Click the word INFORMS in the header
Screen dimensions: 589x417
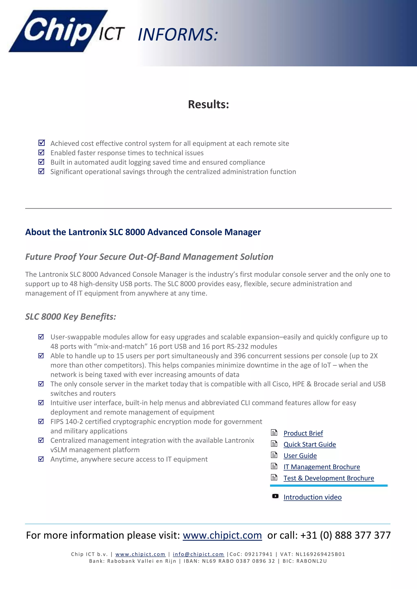point(178,35)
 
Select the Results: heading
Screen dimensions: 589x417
point(208,104)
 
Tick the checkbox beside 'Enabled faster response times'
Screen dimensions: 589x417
point(41,152)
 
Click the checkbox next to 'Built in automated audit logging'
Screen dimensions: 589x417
point(41,162)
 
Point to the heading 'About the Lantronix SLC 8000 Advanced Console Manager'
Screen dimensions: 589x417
point(143,232)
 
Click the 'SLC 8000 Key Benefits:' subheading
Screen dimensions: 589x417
point(71,316)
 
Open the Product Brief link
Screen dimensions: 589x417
point(303,433)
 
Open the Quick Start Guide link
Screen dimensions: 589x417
point(309,445)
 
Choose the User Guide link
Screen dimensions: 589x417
point(300,456)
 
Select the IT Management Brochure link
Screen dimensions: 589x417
point(322,467)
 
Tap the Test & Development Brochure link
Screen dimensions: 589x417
point(328,478)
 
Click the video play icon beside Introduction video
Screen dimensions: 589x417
point(275,496)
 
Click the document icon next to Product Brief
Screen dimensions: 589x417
point(274,433)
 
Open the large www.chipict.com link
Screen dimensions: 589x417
point(222,535)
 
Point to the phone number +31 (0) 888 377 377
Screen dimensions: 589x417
point(345,535)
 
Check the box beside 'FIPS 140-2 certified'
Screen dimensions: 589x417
point(41,421)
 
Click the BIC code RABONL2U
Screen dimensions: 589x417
point(312,561)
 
